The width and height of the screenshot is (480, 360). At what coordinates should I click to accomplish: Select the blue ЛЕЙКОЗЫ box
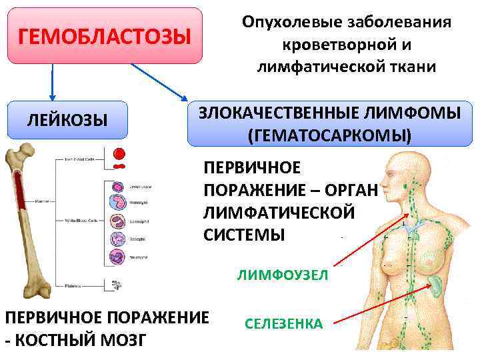[67, 120]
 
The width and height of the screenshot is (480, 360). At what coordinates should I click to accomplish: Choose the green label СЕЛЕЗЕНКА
[283, 324]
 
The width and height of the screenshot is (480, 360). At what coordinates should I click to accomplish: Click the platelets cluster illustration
[118, 285]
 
